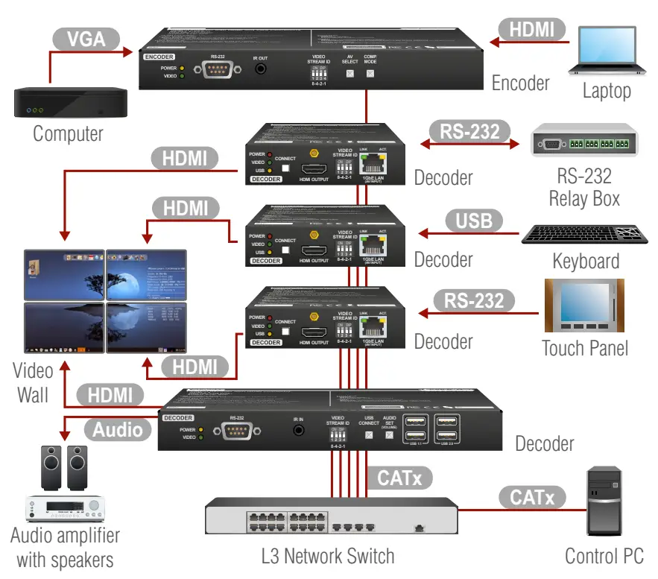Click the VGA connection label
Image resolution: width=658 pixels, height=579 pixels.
click(x=86, y=39)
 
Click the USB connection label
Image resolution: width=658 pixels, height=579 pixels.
click(x=473, y=221)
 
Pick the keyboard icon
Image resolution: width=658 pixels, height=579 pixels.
click(x=585, y=233)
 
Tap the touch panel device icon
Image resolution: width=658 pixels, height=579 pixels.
click(x=584, y=306)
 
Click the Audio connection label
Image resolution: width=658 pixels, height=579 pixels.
click(x=118, y=429)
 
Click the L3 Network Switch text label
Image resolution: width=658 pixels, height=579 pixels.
click(x=328, y=556)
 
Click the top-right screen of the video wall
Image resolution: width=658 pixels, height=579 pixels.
click(x=146, y=274)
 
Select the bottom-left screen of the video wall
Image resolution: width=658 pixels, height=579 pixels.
click(x=64, y=327)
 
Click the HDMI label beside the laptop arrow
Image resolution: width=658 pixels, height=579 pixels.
click(x=532, y=30)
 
